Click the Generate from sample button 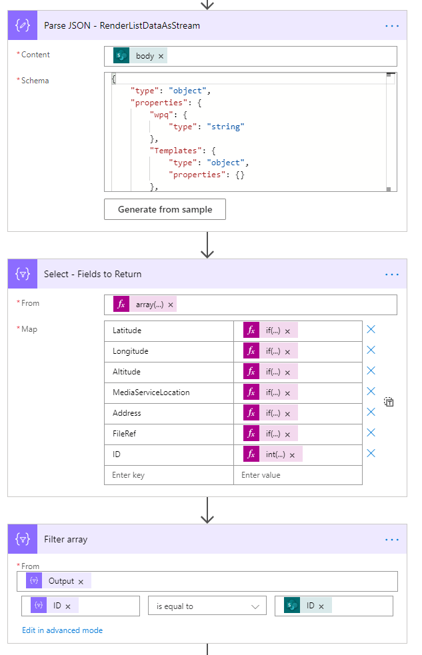pos(165,209)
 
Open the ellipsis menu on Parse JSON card pos(392,26)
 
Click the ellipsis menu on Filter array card pos(392,540)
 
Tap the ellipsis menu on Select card pos(392,275)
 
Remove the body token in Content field pos(161,57)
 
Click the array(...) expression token pos(149,305)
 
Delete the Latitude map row pos(371,330)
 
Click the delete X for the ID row pos(371,454)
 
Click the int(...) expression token pos(275,454)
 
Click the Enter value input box pos(297,475)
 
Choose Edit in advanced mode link pos(62,630)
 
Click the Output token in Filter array pos(61,582)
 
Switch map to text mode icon pos(389,402)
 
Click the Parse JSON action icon pos(23,26)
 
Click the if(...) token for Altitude pos(273,372)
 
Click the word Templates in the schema pos(175,151)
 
